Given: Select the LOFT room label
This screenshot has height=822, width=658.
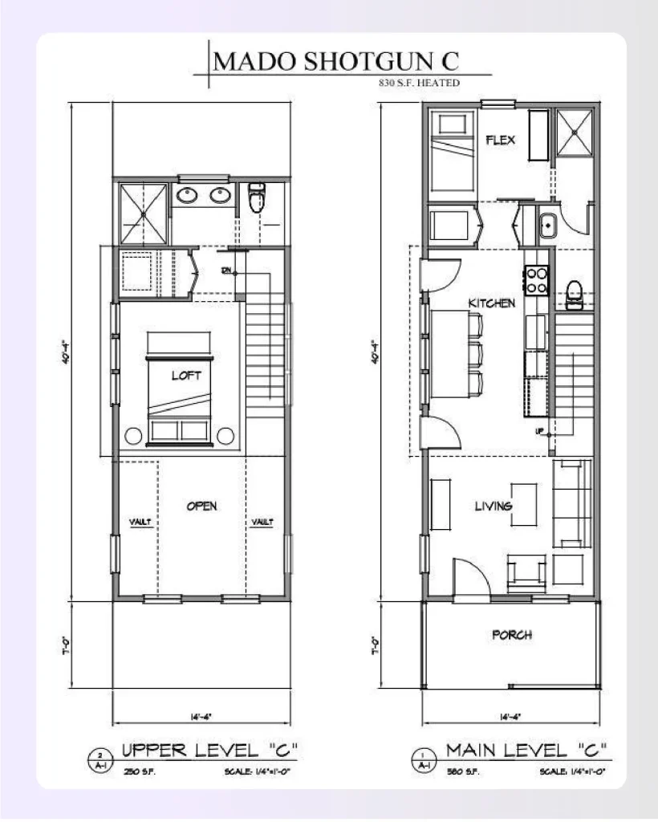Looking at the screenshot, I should pyautogui.click(x=185, y=375).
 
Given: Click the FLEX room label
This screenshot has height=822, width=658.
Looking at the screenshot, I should pyautogui.click(x=500, y=140).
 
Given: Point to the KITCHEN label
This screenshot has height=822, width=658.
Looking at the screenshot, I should pyautogui.click(x=491, y=303).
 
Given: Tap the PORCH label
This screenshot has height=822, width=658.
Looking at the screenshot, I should pyautogui.click(x=511, y=635).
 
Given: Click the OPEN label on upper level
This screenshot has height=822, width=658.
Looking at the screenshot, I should pyautogui.click(x=202, y=506).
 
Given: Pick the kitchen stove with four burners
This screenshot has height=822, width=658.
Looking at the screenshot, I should pyautogui.click(x=535, y=279).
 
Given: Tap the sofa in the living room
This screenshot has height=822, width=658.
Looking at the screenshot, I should pyautogui.click(x=573, y=503).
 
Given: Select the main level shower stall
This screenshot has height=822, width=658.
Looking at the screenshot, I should pyautogui.click(x=575, y=130).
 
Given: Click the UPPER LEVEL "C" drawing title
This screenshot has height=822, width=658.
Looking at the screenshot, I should pyautogui.click(x=210, y=751).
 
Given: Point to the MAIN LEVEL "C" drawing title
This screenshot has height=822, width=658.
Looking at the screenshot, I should pyautogui.click(x=526, y=751).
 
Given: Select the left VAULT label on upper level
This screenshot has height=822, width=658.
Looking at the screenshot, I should pyautogui.click(x=141, y=523).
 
